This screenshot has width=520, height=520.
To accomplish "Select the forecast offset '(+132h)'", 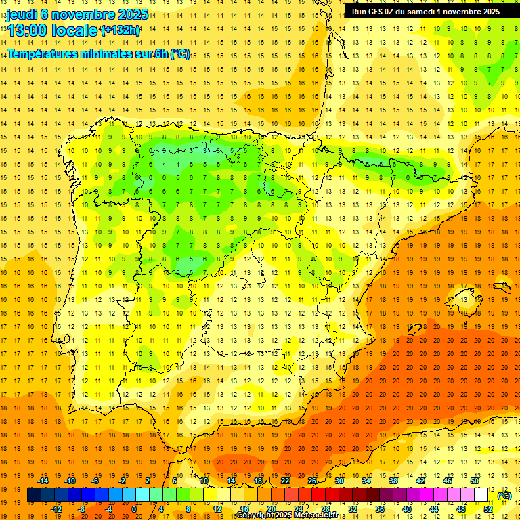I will point(120,30).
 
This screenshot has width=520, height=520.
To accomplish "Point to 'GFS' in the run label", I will point(376,12).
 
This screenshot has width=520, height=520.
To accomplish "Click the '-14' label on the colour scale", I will point(43,481).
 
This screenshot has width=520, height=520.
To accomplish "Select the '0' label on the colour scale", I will point(133,509).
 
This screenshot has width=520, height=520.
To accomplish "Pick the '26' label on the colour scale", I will point(312,481).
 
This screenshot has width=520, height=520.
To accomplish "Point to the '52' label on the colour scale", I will point(487,509).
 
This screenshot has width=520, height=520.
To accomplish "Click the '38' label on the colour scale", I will point(393,481).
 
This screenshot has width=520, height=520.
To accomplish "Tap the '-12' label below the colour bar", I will point(57,509).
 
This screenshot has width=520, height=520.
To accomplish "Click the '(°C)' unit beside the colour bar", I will point(504,496).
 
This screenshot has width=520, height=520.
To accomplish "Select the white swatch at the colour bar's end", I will point(481,495).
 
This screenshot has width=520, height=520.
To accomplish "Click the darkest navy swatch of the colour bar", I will point(34,495).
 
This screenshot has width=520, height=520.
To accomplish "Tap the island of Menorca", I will point(502,286).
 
